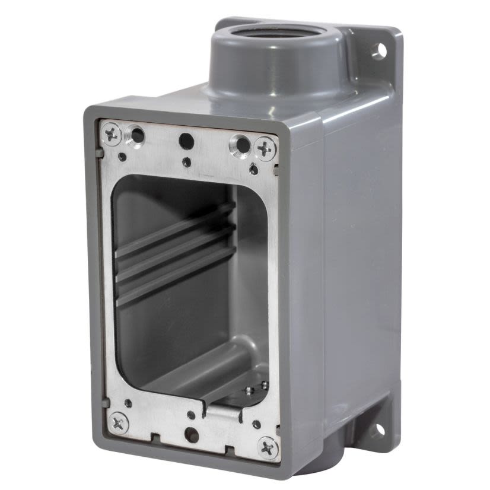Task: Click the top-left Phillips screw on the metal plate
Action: (x=112, y=135)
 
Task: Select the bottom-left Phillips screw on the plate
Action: (x=119, y=423)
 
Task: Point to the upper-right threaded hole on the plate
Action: (x=240, y=144)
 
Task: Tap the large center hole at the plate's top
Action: (x=186, y=140)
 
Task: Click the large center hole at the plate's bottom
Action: (x=191, y=435)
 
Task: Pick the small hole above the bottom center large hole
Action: (x=190, y=415)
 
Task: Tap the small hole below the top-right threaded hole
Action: (x=254, y=170)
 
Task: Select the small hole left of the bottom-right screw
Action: (x=256, y=425)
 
